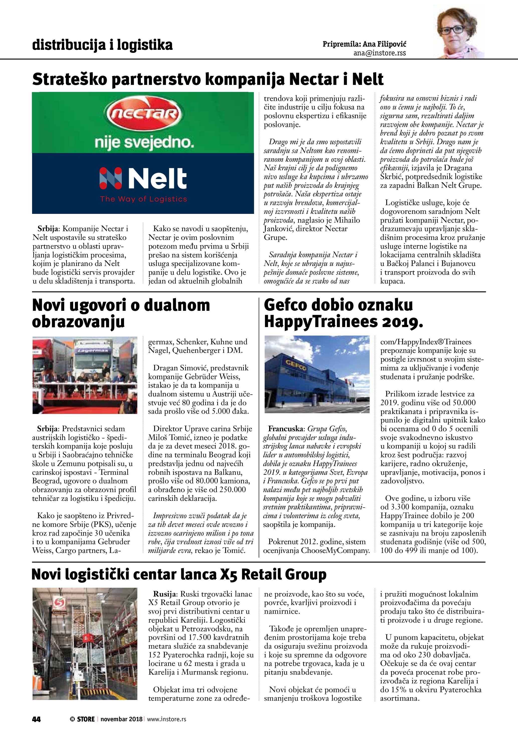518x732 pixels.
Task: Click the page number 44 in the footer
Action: coord(36,719)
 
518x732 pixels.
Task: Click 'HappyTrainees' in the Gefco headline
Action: coord(319,322)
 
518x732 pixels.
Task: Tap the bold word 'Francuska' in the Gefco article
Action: coord(286,429)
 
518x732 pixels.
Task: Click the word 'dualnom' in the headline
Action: coord(177,306)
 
